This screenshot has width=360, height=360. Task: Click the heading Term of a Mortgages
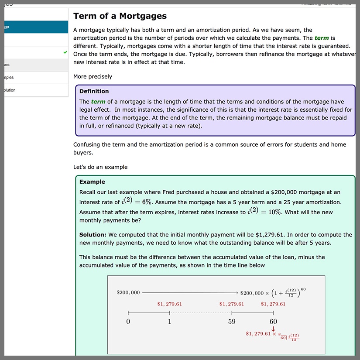tap(120, 16)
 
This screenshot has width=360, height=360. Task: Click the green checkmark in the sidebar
tap(65, 52)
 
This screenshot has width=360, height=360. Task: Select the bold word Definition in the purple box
tap(94, 91)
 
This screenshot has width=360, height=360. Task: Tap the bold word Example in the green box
tap(92, 182)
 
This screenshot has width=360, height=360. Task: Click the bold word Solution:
tap(93, 235)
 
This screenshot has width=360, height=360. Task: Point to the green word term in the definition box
tap(98, 102)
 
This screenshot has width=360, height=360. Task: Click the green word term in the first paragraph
tap(322, 38)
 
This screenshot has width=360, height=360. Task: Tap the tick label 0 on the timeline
tap(128, 322)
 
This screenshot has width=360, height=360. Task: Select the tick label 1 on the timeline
tap(169, 322)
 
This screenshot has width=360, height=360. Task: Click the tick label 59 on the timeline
tap(231, 322)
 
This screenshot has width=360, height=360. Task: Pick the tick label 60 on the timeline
tap(273, 322)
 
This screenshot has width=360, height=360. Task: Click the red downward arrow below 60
tap(273, 329)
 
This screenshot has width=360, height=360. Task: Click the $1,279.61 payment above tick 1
tap(169, 304)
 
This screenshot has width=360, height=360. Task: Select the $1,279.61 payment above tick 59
tap(231, 304)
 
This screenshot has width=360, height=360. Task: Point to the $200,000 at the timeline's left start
tap(128, 292)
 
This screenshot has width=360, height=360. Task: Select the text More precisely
tap(93, 76)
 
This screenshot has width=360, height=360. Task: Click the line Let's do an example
tap(100, 167)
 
